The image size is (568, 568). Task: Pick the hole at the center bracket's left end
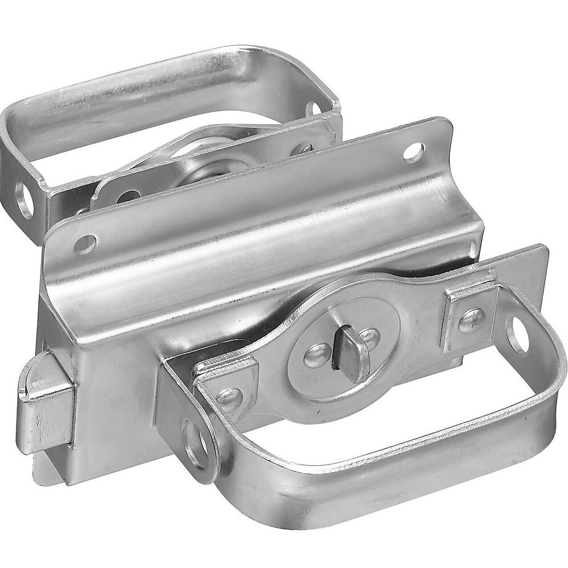[x=87, y=243]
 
